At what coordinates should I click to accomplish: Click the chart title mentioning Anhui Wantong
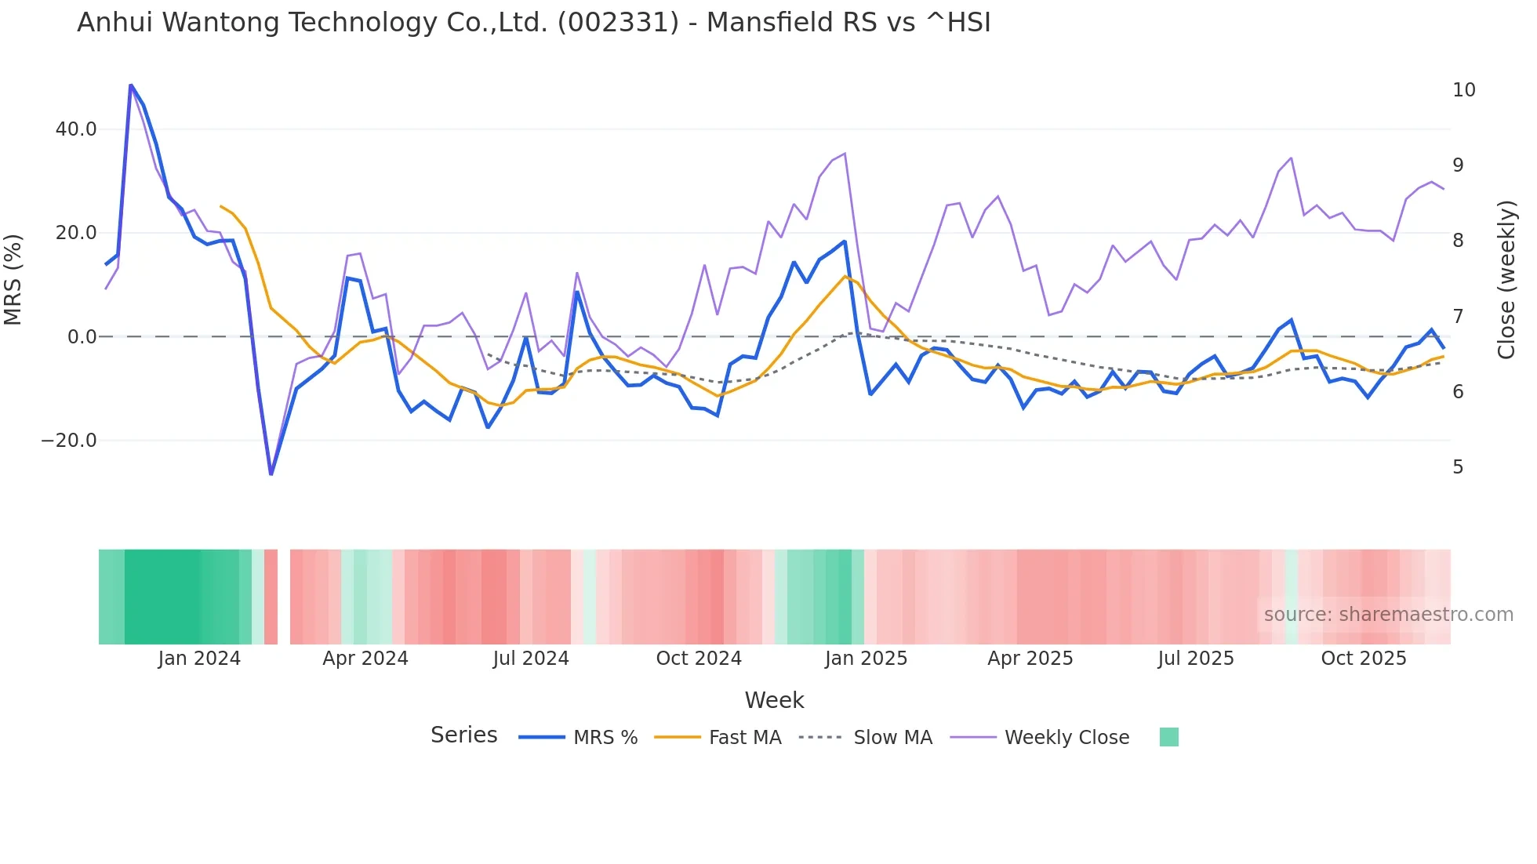[533, 23]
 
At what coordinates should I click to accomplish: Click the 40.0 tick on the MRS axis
[76, 129]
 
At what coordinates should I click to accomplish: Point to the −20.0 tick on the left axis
[69, 441]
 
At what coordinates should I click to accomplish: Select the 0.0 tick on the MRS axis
[82, 337]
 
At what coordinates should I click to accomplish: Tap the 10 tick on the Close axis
[1463, 90]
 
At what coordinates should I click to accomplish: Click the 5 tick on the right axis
[1458, 467]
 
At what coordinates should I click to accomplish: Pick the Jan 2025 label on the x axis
[866, 659]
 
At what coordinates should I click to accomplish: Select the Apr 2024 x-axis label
[365, 659]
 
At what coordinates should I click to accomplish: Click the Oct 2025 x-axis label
[1364, 659]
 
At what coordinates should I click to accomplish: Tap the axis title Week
[774, 700]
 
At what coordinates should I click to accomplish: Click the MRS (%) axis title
[13, 280]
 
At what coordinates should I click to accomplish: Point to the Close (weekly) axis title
[1506, 280]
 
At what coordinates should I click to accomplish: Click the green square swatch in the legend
[1168, 737]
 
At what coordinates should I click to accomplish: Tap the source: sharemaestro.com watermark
[1388, 615]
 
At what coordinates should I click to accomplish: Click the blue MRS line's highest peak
[131, 85]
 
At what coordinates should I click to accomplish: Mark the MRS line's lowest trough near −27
[271, 474]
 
